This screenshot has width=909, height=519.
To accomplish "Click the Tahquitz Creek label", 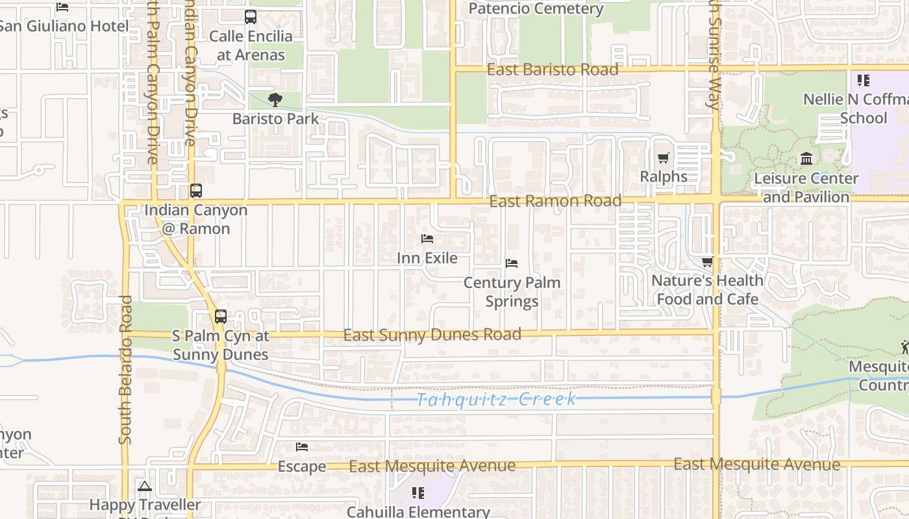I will pos(496,399).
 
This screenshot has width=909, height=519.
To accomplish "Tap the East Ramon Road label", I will pos(555,201).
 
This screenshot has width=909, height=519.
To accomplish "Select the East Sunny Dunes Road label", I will pos(432,335).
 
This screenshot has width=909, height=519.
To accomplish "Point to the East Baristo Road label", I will pos(553,69).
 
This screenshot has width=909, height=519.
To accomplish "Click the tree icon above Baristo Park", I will pos(275,100).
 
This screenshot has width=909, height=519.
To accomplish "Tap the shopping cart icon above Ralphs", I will pos(663,158).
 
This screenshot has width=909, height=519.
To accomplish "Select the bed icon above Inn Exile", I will pos(427,239).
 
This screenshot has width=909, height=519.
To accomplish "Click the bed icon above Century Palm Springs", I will pos(512,263).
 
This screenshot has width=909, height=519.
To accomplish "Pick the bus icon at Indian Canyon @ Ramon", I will pos(195,191).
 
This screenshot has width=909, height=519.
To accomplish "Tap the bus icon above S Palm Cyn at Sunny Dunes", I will pos(221,317).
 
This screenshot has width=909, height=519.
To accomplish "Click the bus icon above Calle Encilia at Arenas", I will pos(251,17).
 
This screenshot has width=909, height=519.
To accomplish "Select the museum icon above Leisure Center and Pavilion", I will pos(806,158).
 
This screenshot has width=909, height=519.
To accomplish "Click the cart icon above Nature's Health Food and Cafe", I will pos(707,261).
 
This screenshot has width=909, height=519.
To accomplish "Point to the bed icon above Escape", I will pos(302,447).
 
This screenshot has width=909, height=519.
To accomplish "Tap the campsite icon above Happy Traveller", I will pos(145,486).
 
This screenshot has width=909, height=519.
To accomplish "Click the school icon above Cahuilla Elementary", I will pos(418,493).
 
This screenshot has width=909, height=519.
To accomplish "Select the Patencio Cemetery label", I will pos(536,9).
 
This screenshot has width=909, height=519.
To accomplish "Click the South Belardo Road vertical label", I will pos(125,370).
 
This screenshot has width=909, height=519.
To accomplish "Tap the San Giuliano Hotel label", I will pos(64,26).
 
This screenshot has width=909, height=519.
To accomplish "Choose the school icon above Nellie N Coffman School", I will pos(863,80).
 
